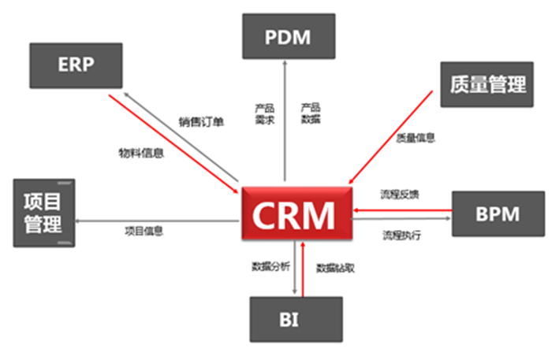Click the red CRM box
tap(297, 213)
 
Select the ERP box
tap(76, 65)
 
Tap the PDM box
tap(289, 36)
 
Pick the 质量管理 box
tap(487, 84)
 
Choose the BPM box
tap(498, 213)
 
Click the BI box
tap(296, 319)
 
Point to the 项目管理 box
tap(44, 213)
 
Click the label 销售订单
tap(201, 122)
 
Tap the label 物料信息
tap(141, 153)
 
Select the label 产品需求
tap(265, 114)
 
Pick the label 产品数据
tap(311, 113)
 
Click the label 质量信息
tap(416, 138)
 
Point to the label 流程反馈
tap(400, 195)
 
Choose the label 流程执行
tap(402, 236)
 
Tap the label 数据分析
tap(271, 266)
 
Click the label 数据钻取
tap(335, 268)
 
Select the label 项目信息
tap(144, 231)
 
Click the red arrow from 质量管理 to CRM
tap(390, 137)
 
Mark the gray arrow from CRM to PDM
tap(285, 121)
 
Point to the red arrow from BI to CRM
tap(303, 269)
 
